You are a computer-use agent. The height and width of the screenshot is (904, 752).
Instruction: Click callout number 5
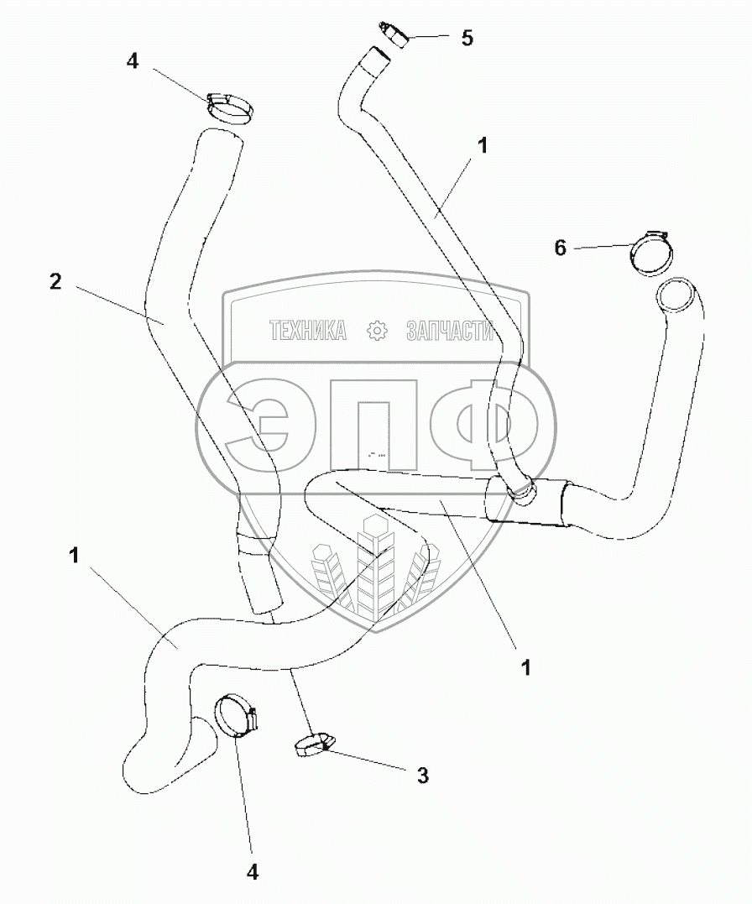(x=467, y=38)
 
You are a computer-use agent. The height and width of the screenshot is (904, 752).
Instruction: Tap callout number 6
(x=561, y=247)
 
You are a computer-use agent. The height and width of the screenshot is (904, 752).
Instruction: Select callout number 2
(x=55, y=282)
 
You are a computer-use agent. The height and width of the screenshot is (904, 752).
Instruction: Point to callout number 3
(x=422, y=775)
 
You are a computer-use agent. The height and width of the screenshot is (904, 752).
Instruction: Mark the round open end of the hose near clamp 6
(x=678, y=296)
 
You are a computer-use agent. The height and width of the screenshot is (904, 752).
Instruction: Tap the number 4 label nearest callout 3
(x=252, y=872)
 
